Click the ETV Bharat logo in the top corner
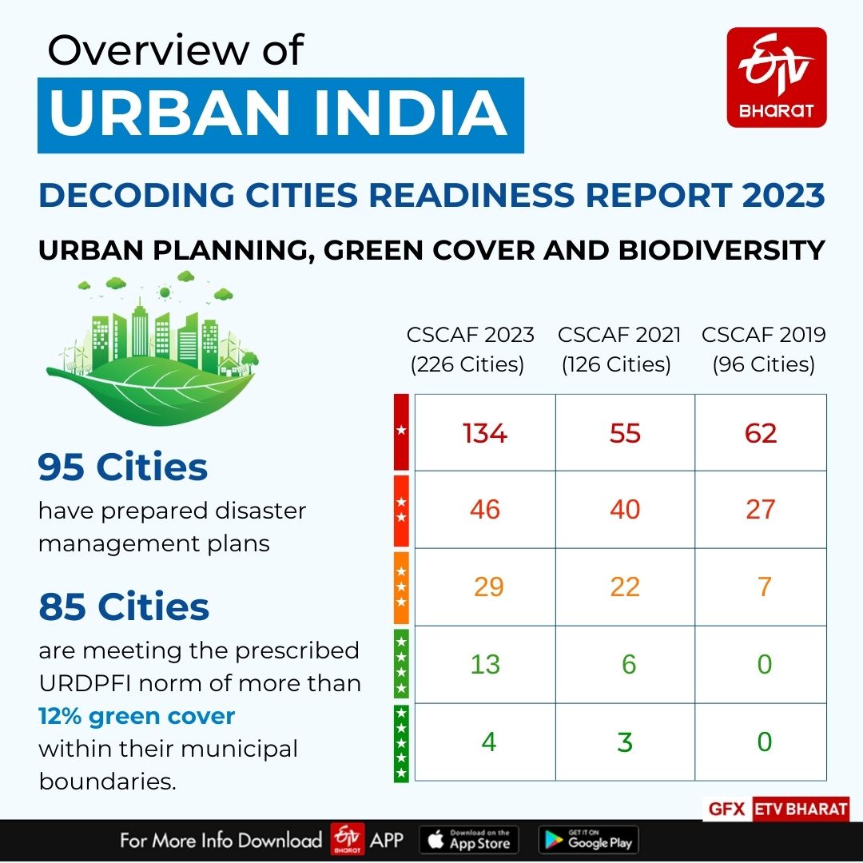pyautogui.click(x=776, y=78)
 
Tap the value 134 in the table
pyautogui.click(x=485, y=433)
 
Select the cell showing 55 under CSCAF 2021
pyautogui.click(x=625, y=433)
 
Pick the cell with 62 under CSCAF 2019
pyautogui.click(x=761, y=433)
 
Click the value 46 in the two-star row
pyautogui.click(x=485, y=509)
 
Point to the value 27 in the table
pyautogui.click(x=761, y=509)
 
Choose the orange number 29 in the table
pyautogui.click(x=488, y=587)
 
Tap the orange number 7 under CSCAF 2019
pyautogui.click(x=764, y=587)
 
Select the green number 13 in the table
pyautogui.click(x=485, y=664)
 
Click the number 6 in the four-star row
pyautogui.click(x=628, y=664)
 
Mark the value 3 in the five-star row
pyautogui.click(x=625, y=742)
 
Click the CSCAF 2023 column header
pyautogui.click(x=470, y=349)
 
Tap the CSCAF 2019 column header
pyautogui.click(x=763, y=349)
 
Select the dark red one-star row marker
pyautogui.click(x=401, y=431)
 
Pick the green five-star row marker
pyautogui.click(x=401, y=742)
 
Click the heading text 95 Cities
pyautogui.click(x=123, y=467)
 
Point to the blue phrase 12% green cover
pyautogui.click(x=137, y=716)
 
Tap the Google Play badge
pyautogui.click(x=588, y=840)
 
